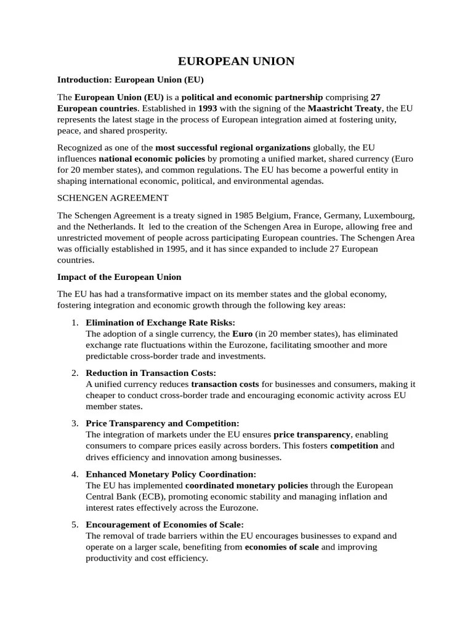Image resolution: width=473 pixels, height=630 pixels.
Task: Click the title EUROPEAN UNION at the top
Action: [236, 61]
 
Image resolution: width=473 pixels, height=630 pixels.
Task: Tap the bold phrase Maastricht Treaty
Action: [345, 108]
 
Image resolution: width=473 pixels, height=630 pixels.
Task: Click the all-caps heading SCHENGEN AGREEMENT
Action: [113, 198]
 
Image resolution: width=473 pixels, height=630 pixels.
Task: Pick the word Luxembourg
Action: [389, 216]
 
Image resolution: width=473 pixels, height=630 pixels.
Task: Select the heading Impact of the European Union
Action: [119, 276]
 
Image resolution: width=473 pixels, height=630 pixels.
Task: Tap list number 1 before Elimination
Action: [74, 322]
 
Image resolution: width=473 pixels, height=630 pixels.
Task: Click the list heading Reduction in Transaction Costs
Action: [151, 373]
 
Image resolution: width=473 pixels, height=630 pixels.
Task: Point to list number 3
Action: [74, 423]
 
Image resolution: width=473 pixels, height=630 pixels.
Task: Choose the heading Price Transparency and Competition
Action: [162, 423]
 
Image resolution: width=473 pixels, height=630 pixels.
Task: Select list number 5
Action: [74, 524]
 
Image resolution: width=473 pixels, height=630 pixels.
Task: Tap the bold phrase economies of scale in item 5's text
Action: [281, 547]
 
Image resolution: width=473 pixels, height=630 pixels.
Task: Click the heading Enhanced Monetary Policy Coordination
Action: [171, 474]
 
